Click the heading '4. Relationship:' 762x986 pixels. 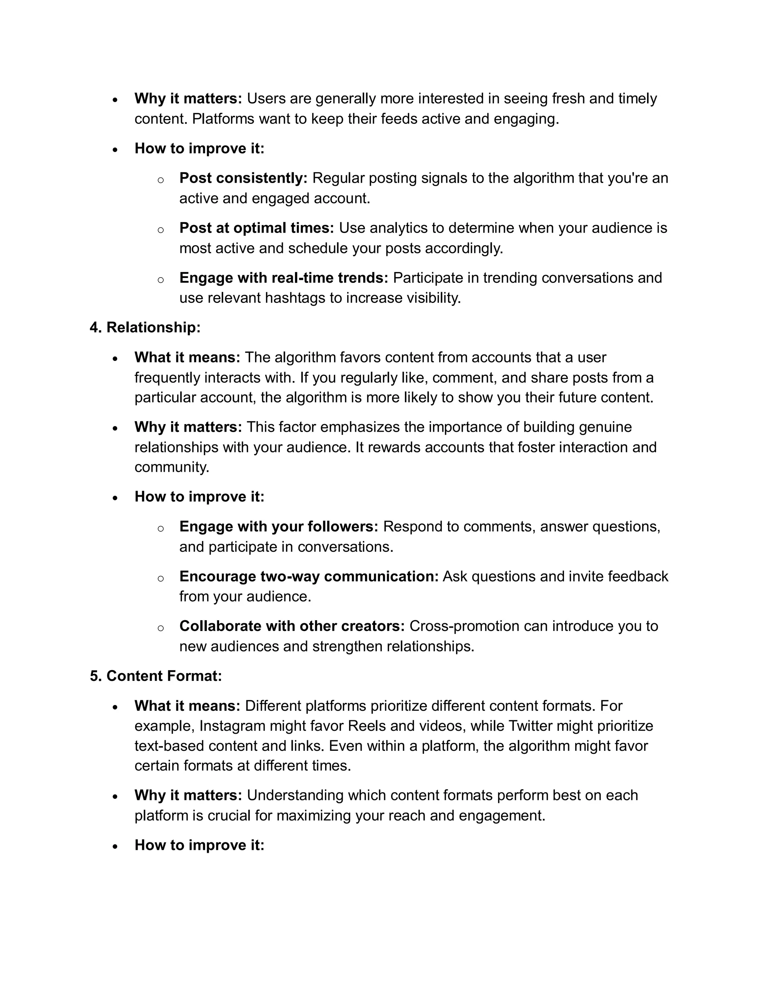[x=145, y=327]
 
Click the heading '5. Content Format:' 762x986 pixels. [x=156, y=676]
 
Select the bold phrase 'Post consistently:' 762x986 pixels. [x=243, y=178]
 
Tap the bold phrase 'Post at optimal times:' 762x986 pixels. [x=256, y=228]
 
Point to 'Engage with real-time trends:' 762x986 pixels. [x=284, y=278]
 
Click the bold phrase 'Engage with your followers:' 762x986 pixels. [x=279, y=526]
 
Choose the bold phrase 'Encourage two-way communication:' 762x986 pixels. [x=309, y=576]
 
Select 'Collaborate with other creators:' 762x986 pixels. [x=292, y=626]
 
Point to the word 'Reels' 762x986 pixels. [x=366, y=726]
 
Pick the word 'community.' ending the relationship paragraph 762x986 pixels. [x=172, y=467]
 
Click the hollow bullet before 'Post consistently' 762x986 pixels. [x=160, y=180]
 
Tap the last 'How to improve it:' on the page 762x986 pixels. [x=199, y=845]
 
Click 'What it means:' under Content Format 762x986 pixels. [x=188, y=705]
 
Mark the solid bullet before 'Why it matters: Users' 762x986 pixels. [x=116, y=100]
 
